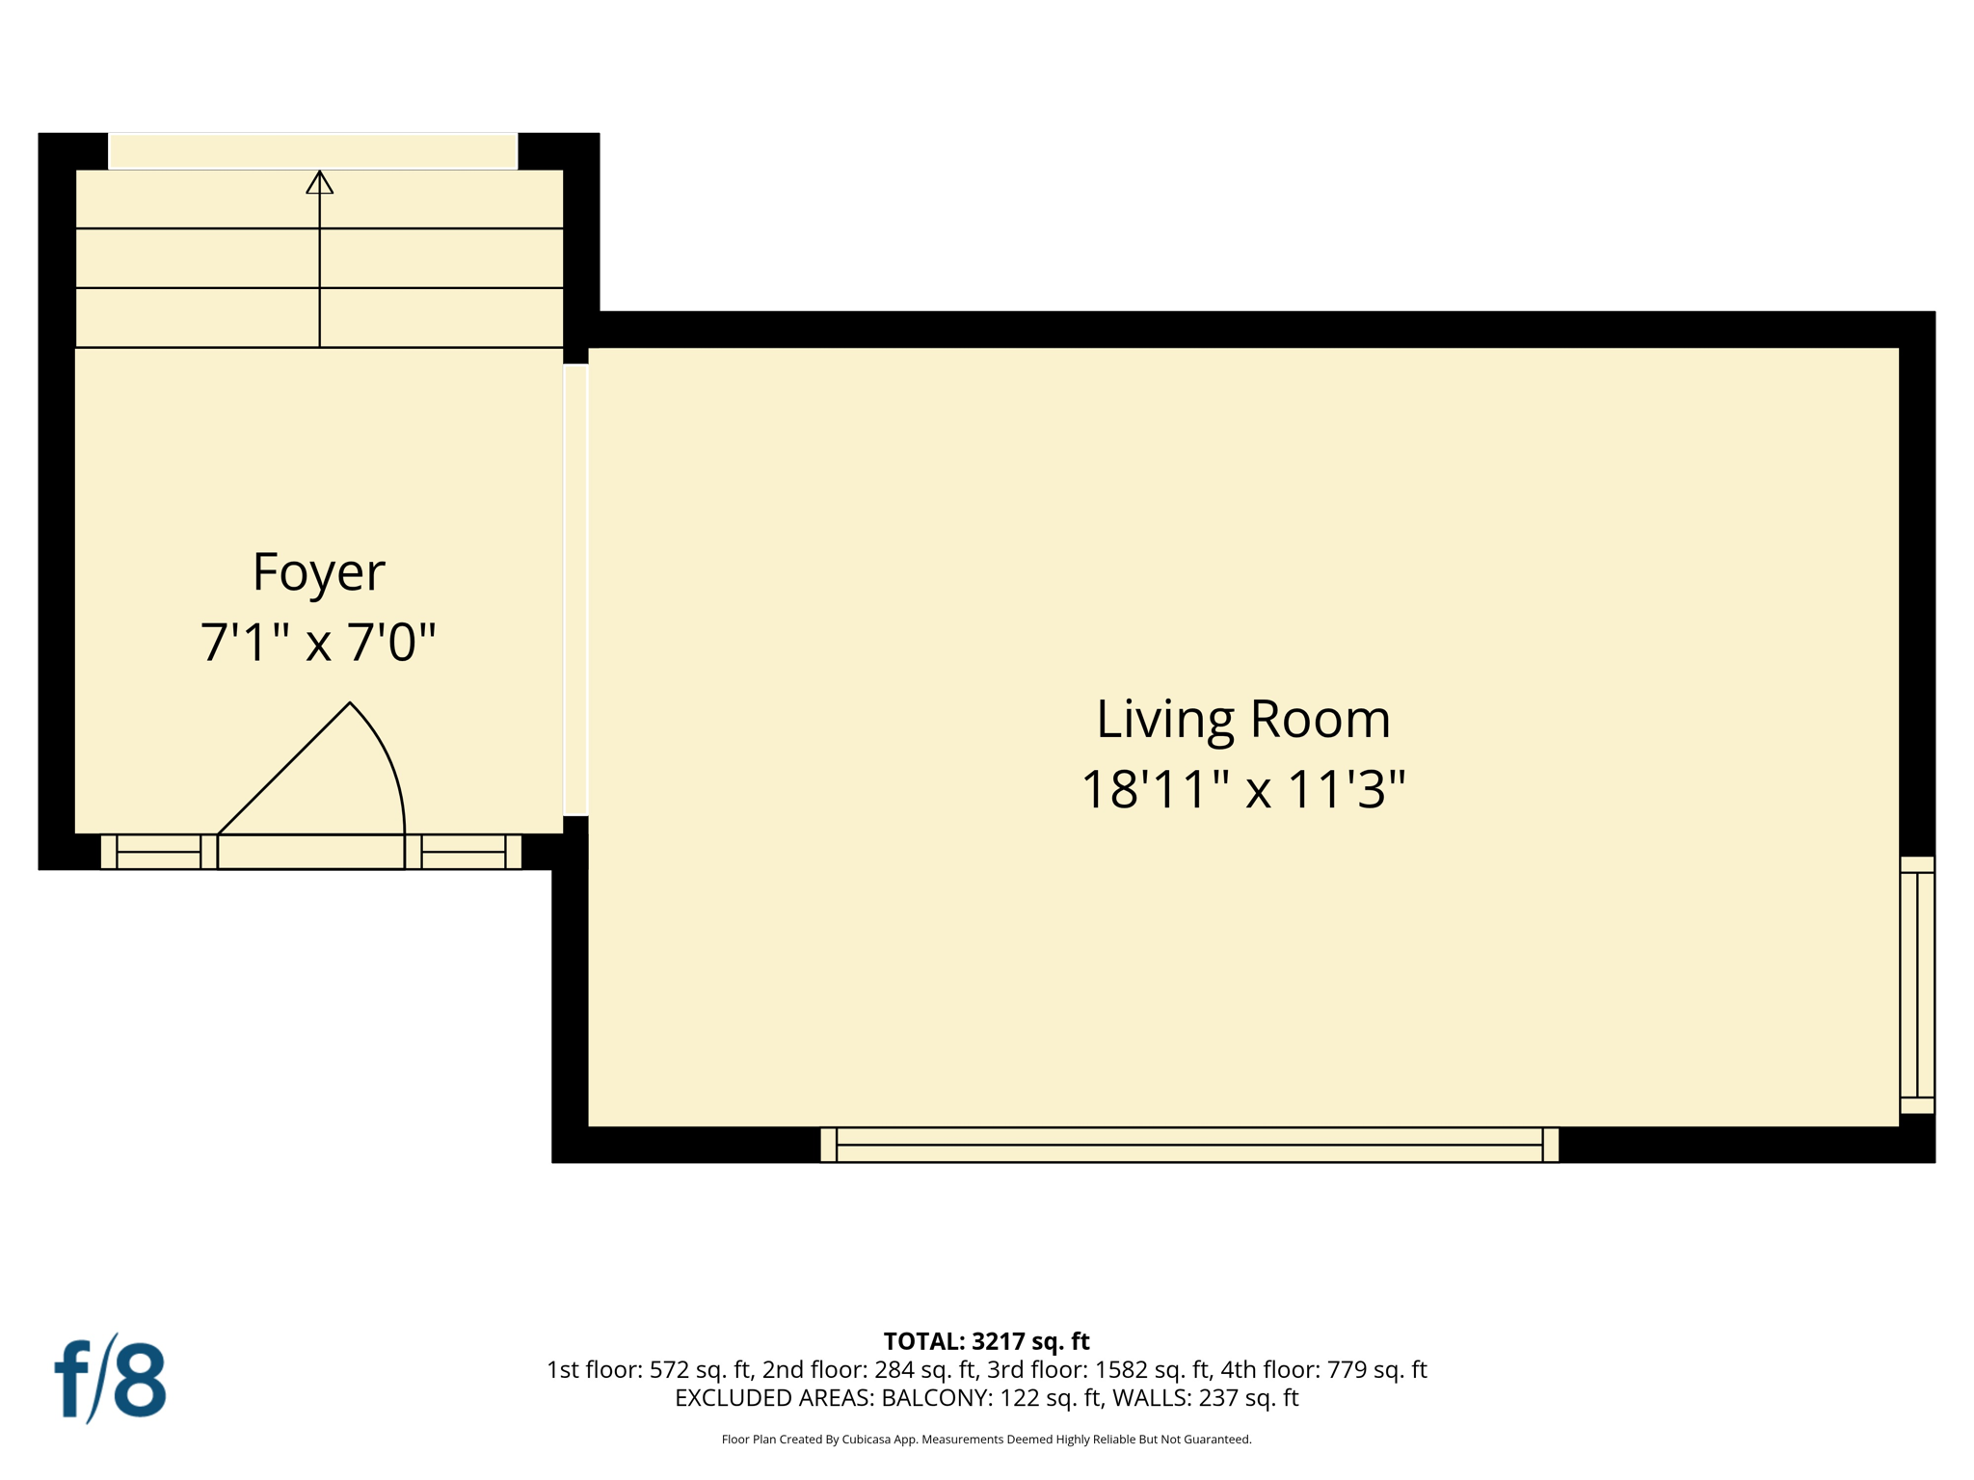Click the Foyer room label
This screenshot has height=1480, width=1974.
[x=318, y=571]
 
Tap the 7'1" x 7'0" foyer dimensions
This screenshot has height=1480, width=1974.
[x=318, y=643]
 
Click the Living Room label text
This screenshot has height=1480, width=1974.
[x=1242, y=719]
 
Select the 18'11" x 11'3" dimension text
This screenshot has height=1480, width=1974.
[x=1242, y=789]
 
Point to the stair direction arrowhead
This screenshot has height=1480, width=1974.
[x=320, y=182]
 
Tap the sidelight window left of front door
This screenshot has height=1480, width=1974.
[x=158, y=852]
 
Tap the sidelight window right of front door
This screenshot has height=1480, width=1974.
[x=464, y=852]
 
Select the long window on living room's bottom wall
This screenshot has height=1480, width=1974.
[x=1188, y=1145]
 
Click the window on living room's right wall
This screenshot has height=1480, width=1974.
[x=1916, y=985]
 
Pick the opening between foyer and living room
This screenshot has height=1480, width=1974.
[x=575, y=590]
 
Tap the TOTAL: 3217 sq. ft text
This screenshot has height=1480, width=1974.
[x=986, y=1341]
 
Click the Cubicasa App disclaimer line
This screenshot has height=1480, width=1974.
[x=986, y=1440]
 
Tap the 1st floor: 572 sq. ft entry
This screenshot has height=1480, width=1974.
[x=649, y=1369]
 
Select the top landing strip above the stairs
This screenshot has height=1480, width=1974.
[x=313, y=151]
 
